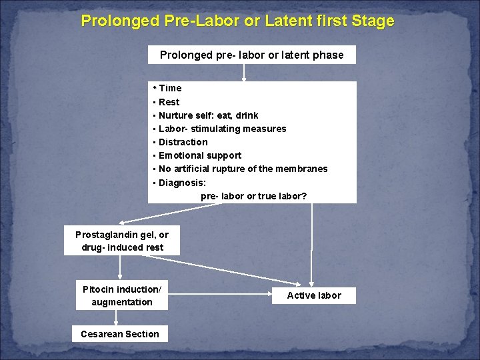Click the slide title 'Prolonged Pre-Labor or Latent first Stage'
tap(237, 21)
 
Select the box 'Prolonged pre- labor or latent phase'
tap(251, 55)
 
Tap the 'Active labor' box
tap(313, 295)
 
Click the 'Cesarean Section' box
tap(120, 334)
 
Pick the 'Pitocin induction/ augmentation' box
tap(122, 295)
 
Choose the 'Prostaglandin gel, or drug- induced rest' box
tap(122, 241)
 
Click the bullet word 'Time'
tap(170, 88)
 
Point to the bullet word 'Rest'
tap(169, 102)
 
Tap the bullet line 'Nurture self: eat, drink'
tap(208, 115)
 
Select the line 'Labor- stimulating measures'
tap(222, 129)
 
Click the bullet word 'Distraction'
tap(183, 142)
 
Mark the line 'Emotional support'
tap(200, 155)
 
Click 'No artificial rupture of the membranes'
tap(243, 169)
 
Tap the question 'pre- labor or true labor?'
tap(254, 195)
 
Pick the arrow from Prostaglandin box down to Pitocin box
tap(121, 267)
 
